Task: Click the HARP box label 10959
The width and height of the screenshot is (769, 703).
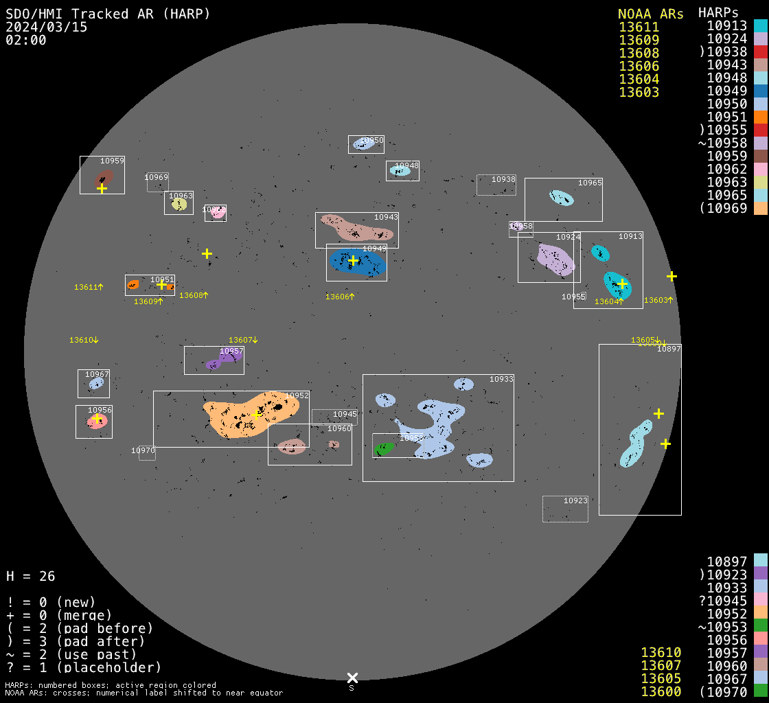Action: (113, 161)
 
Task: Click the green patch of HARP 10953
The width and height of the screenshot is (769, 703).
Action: (384, 449)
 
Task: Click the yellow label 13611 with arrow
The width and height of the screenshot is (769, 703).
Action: (89, 287)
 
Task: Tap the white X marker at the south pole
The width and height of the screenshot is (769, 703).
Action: (352, 678)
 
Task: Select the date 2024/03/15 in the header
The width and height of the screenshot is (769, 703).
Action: (47, 27)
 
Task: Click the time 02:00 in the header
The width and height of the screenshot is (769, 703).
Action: (26, 40)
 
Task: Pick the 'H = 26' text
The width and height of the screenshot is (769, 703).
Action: (31, 576)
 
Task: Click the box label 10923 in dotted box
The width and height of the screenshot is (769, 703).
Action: (575, 500)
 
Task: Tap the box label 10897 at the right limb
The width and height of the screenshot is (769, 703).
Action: (669, 349)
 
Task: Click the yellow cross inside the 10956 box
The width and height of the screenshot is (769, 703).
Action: (97, 418)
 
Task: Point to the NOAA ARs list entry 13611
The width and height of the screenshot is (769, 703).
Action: (639, 27)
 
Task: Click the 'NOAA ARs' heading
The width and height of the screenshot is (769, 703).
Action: (650, 14)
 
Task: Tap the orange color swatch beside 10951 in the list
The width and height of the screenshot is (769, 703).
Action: (760, 117)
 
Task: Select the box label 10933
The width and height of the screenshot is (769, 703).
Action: (501, 379)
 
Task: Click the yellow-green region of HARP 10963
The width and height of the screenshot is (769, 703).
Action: (179, 204)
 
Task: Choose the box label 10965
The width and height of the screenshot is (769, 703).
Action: (590, 183)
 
